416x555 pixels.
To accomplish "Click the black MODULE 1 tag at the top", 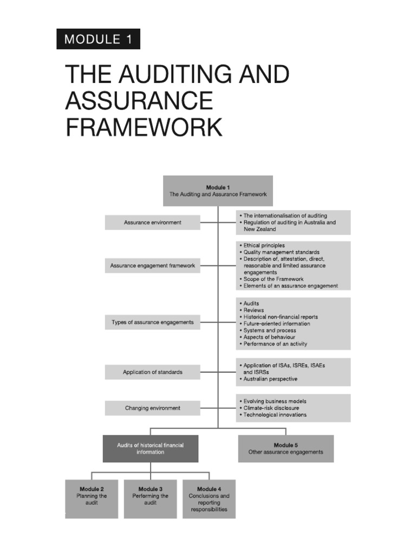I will point(98,39).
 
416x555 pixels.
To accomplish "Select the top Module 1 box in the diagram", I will point(218,191).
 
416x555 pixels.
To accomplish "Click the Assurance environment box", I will point(152,222).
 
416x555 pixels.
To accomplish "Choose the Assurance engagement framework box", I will point(152,266).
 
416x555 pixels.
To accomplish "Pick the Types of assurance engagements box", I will point(152,322).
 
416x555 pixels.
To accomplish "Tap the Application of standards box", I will point(152,372).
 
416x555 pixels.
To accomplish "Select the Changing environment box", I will point(152,408).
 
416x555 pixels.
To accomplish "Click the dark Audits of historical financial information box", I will point(151,448).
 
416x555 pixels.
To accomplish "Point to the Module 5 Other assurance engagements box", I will point(285,448).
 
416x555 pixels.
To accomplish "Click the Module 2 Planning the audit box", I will point(92,499).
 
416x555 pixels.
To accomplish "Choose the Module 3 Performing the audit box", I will point(150,499).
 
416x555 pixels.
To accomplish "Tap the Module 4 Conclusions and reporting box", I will point(209,499).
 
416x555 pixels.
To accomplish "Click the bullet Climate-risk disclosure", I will point(271,408).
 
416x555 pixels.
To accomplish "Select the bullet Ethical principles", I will point(264,246).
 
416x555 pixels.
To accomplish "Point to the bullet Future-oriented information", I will point(277,324).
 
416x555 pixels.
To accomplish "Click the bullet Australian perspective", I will point(270,379).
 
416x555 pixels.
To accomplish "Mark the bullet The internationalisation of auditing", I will point(285,216).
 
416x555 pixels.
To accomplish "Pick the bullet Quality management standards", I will point(281,252).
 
